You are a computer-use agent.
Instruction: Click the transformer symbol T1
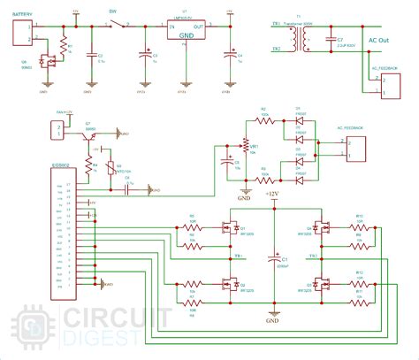(306, 38)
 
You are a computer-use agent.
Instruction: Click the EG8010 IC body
(47, 231)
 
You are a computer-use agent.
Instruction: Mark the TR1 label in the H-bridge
(239, 256)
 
